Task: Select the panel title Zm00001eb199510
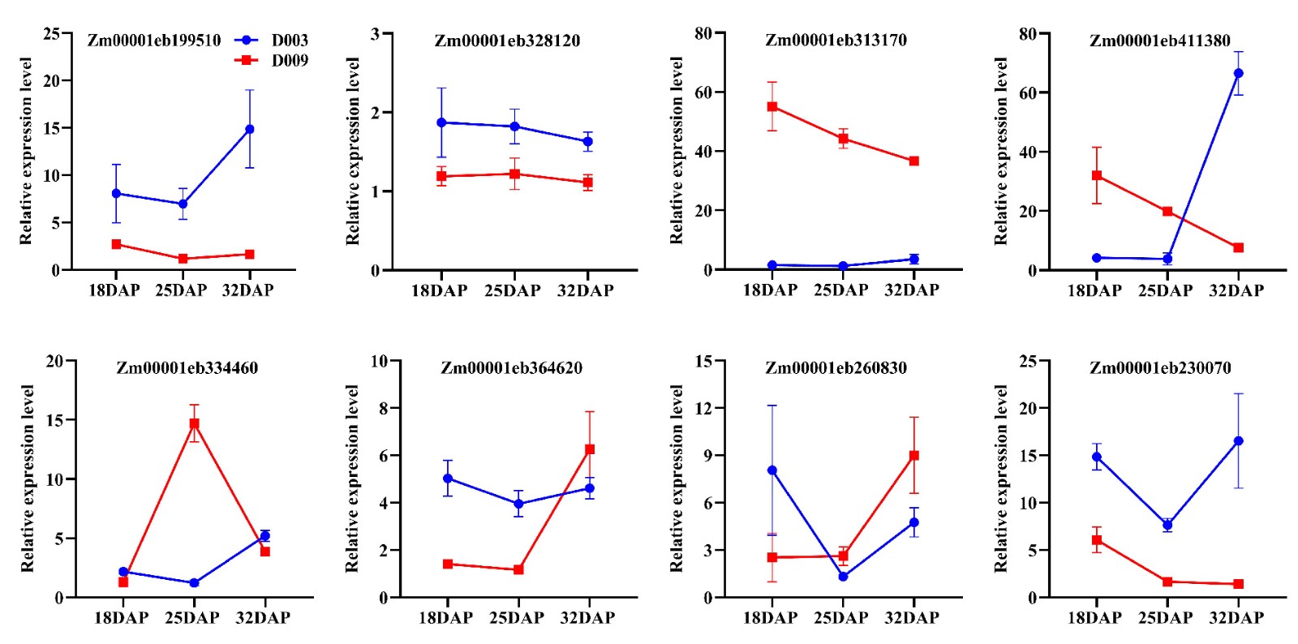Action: [x=154, y=41]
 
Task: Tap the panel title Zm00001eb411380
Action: [x=1159, y=41]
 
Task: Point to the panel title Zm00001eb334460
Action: [x=187, y=368]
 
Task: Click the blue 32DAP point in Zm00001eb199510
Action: [x=250, y=129]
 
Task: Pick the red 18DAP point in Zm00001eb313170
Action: [x=772, y=107]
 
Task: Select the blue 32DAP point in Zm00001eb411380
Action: [x=1238, y=74]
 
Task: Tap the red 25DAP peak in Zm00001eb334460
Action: [x=194, y=423]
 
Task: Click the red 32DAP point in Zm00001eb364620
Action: [x=590, y=449]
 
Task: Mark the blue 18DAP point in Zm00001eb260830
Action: [x=772, y=470]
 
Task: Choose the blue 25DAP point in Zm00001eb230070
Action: [x=1167, y=526]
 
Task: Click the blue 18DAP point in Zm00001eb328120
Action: [x=441, y=122]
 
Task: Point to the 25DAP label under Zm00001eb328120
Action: [x=513, y=290]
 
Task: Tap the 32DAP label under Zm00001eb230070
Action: [x=1236, y=618]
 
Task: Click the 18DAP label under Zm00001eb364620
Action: [x=445, y=618]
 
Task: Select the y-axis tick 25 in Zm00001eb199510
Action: [x=51, y=34]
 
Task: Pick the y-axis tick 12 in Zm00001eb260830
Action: [x=703, y=409]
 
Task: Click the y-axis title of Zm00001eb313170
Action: [x=677, y=151]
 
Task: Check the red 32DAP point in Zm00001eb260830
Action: [x=914, y=456]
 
